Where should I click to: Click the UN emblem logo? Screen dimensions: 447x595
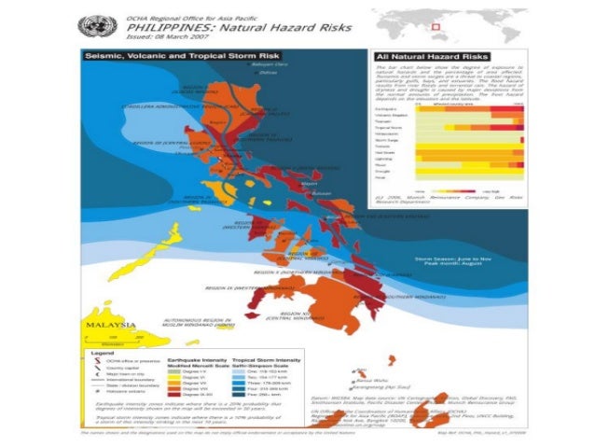(96, 25)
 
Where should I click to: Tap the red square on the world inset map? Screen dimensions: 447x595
(460, 25)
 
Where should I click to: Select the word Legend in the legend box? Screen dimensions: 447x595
(100, 355)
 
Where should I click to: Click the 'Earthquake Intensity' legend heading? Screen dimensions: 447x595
(200, 359)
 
